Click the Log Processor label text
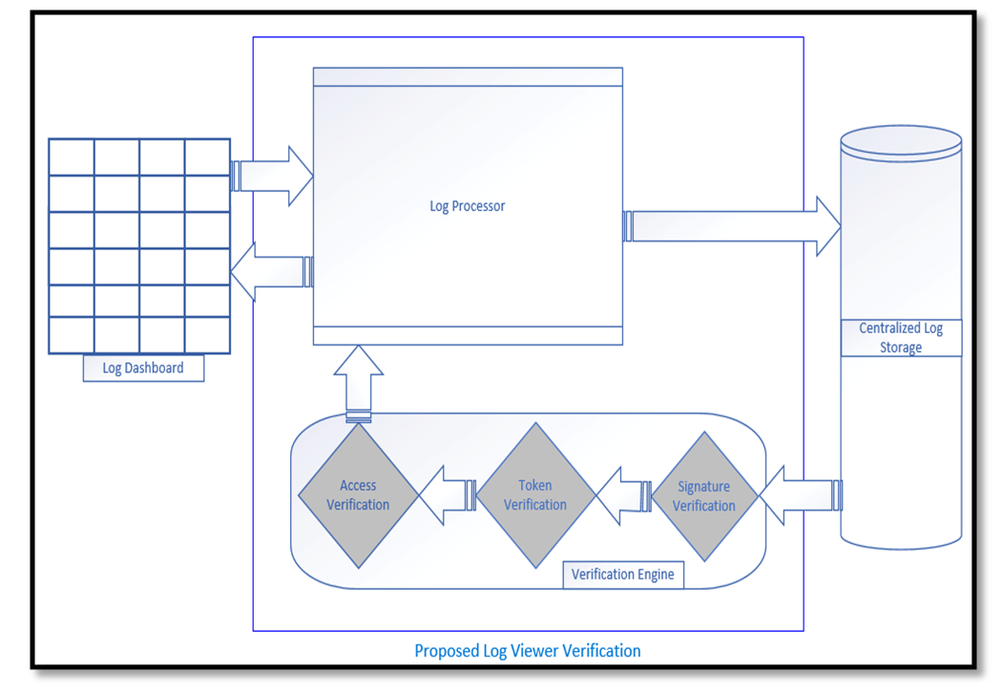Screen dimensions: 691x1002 [468, 206]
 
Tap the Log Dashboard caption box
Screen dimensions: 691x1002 [143, 367]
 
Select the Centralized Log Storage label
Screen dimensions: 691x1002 [901, 338]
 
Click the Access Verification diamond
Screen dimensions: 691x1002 [358, 495]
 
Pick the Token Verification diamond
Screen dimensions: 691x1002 [535, 495]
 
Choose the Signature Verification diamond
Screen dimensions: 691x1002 [703, 496]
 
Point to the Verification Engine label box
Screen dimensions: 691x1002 [622, 575]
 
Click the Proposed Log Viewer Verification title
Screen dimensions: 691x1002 [527, 651]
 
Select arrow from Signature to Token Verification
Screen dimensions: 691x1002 [624, 494]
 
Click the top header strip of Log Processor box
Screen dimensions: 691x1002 [468, 76]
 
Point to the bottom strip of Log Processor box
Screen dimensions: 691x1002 [468, 335]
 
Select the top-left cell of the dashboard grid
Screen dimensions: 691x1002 [72, 157]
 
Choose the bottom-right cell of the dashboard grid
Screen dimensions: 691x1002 [207, 335]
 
